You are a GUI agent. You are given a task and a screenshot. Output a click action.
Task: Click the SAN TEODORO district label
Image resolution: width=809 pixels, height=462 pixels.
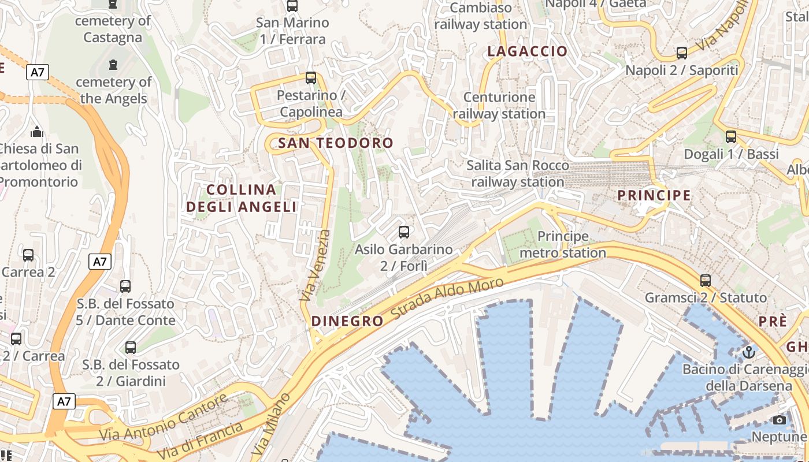click(x=335, y=143)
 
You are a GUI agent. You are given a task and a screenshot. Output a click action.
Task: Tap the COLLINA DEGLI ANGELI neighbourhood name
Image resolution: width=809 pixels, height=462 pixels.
click(x=242, y=198)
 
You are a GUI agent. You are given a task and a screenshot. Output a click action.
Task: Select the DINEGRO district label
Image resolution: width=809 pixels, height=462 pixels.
click(x=347, y=321)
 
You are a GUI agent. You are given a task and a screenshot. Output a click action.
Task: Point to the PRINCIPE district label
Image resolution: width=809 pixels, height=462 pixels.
click(x=654, y=195)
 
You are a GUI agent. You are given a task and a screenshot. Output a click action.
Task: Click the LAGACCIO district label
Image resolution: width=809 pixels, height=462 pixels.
click(x=527, y=51)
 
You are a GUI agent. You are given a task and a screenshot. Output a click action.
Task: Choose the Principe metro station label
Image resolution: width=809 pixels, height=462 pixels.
click(x=562, y=244)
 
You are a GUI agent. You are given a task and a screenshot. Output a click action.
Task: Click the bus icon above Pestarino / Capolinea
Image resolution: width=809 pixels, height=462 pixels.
click(x=311, y=77)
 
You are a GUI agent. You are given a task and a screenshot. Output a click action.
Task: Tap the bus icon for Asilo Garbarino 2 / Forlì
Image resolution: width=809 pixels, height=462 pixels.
click(x=404, y=232)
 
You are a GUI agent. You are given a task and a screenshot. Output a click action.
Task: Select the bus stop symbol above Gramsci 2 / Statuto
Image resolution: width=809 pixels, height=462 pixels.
click(x=705, y=281)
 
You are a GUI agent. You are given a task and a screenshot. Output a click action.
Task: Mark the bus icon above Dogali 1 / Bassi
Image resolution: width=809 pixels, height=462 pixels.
click(x=731, y=137)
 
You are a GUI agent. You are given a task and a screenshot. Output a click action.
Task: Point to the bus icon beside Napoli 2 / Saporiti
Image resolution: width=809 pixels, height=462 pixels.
click(x=682, y=53)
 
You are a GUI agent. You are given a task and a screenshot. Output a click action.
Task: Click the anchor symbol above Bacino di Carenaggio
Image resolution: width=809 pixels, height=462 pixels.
click(x=749, y=351)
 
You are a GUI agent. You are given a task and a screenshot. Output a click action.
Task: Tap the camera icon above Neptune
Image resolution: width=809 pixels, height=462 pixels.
click(x=779, y=420)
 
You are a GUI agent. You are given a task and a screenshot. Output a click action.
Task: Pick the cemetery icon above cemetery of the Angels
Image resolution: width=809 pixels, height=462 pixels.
click(x=113, y=64)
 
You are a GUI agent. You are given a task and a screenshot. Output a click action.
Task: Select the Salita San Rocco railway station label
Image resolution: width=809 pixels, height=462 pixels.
click(x=517, y=174)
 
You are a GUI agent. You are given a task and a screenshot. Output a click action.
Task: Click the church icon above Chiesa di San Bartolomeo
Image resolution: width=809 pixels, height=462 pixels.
click(x=37, y=132)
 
